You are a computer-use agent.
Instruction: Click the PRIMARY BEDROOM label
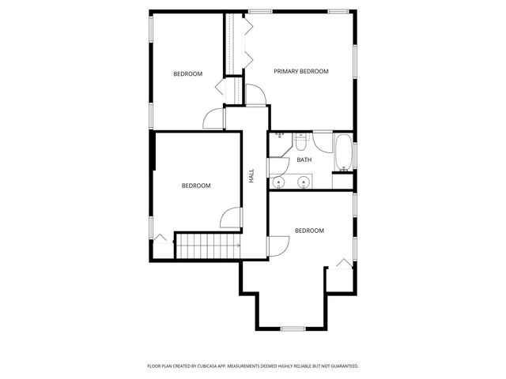pyautogui.click(x=300, y=72)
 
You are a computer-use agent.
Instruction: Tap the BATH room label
pyautogui.click(x=304, y=160)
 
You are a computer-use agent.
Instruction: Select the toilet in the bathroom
pyautogui.click(x=300, y=141)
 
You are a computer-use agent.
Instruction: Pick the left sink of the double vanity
pyautogui.click(x=278, y=182)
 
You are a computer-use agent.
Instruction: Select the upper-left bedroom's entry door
pyautogui.click(x=214, y=118)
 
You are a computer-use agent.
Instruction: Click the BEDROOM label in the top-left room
pyautogui.click(x=187, y=74)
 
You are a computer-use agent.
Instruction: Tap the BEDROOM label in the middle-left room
pyautogui.click(x=196, y=186)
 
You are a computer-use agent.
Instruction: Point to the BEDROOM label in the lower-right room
pyautogui.click(x=309, y=231)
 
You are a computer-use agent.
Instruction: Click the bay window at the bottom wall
pyautogui.click(x=293, y=328)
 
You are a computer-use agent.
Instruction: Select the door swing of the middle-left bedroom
pyautogui.click(x=231, y=220)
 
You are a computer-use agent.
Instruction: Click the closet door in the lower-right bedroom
pyautogui.click(x=344, y=263)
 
